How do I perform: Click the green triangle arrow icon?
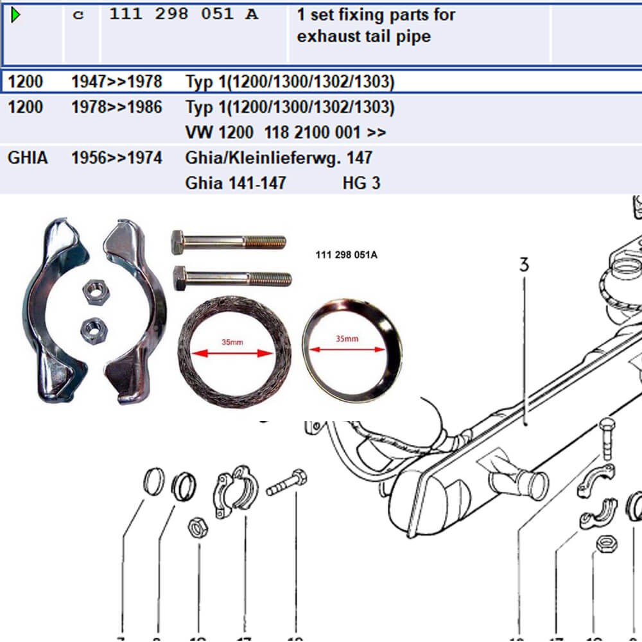(x=16, y=14)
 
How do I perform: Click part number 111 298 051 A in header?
(x=184, y=14)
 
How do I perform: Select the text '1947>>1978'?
(x=116, y=82)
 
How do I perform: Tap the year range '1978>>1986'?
(x=116, y=107)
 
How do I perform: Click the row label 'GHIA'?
(x=28, y=157)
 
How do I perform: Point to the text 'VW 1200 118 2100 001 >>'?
(x=286, y=133)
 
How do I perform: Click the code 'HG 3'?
(x=361, y=184)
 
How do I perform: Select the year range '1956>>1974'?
(x=116, y=157)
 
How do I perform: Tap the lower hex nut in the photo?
(x=94, y=330)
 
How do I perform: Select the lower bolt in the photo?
(x=231, y=278)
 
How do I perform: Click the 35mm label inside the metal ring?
(x=347, y=339)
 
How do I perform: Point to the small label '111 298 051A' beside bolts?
(x=347, y=255)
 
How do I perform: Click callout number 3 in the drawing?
(x=524, y=265)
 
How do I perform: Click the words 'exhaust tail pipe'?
(x=363, y=37)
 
